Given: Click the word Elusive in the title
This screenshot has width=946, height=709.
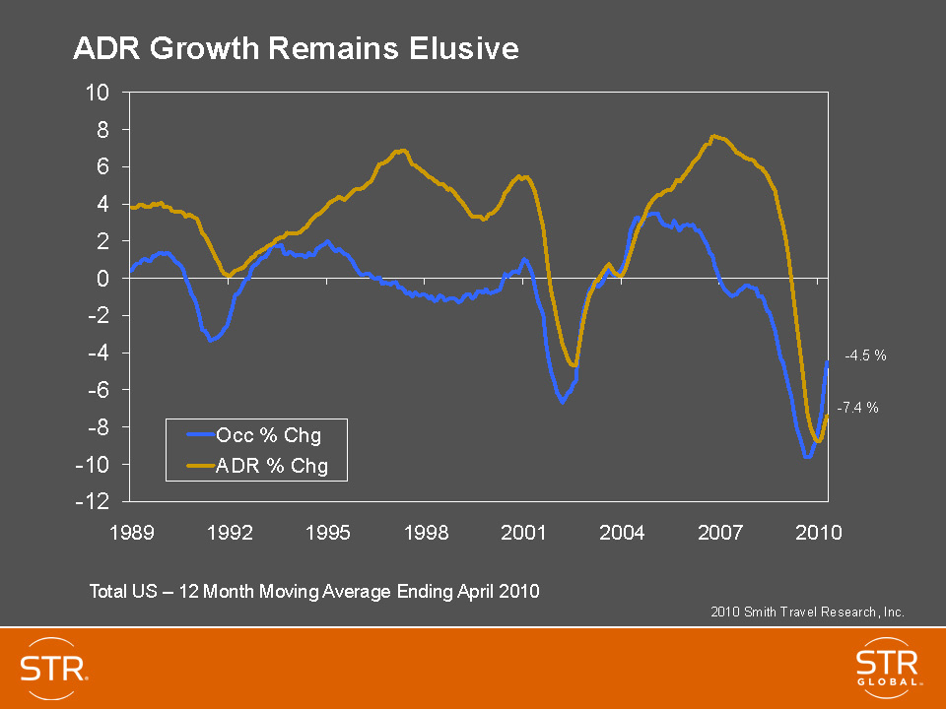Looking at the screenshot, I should click(466, 48).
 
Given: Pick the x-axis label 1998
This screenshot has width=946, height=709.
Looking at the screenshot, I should click(426, 533).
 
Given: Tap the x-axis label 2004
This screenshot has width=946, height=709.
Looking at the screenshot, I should click(622, 533).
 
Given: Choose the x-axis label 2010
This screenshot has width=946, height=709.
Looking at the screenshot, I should click(818, 533).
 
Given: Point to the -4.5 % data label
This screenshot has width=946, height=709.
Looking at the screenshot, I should click(866, 356).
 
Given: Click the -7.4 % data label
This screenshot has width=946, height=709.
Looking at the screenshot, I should click(857, 406).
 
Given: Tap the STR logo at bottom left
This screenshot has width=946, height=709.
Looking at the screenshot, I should click(55, 667).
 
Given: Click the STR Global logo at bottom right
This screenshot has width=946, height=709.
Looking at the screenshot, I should click(888, 666).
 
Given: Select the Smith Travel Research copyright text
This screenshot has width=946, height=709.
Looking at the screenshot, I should click(807, 612).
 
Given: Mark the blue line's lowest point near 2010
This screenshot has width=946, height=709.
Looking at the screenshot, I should click(808, 457).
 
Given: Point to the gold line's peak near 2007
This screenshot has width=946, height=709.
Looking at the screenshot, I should click(714, 136).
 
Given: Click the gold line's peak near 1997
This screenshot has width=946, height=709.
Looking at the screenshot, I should click(400, 151).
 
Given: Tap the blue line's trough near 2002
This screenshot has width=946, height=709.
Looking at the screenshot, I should click(562, 402).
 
